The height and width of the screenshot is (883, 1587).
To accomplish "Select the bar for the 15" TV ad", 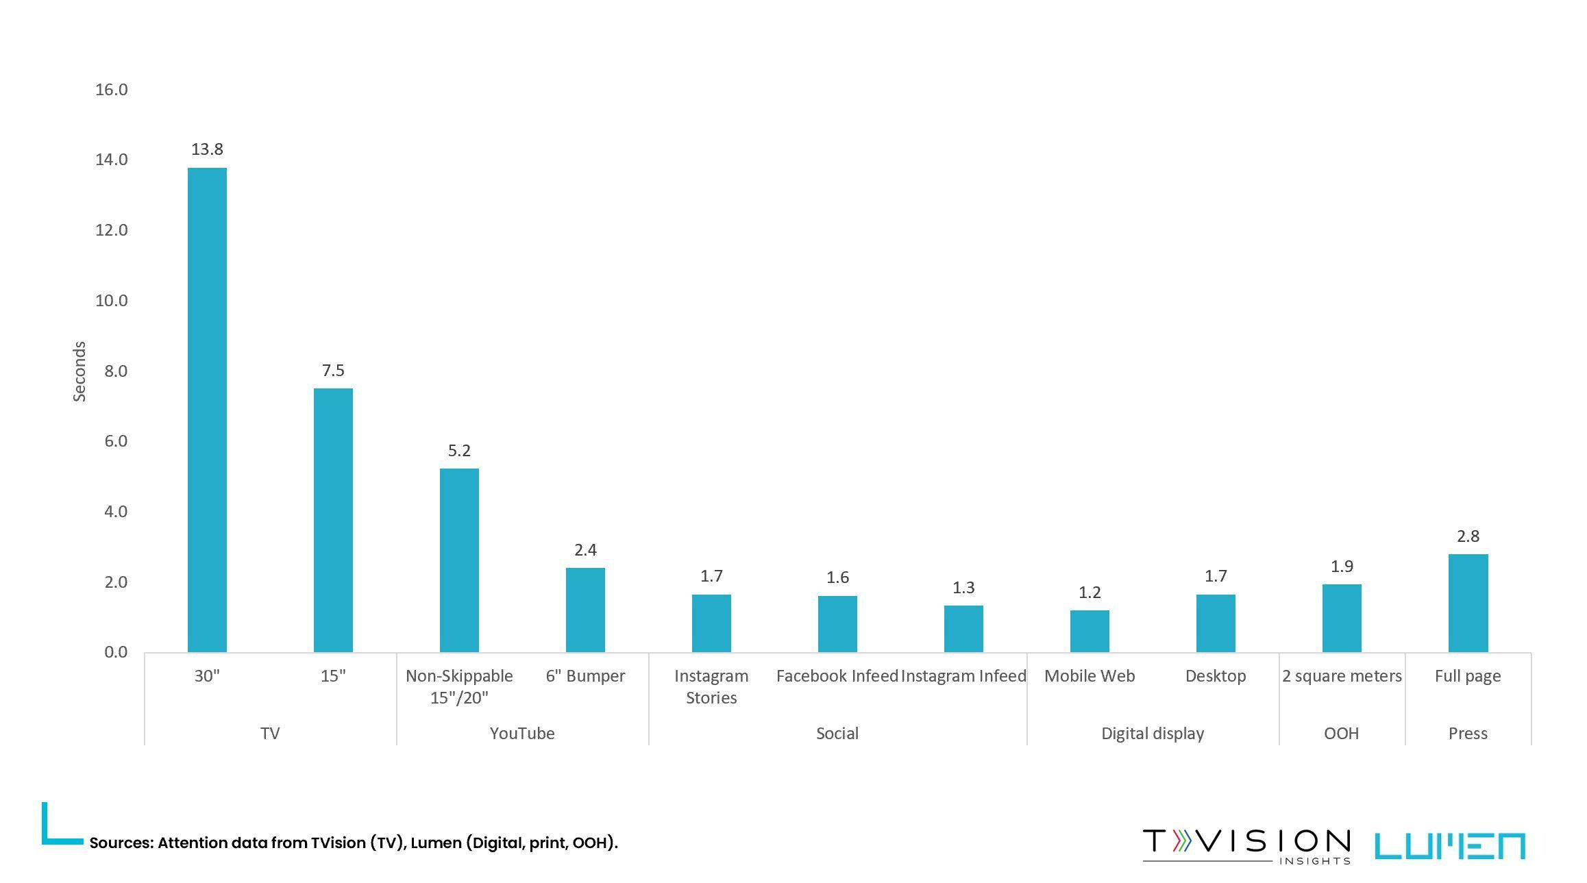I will tap(333, 520).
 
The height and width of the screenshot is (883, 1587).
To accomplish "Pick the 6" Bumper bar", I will tap(585, 610).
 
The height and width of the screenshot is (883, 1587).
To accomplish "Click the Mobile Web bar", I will tap(1090, 631).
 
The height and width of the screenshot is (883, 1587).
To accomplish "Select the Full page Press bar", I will tap(1468, 603).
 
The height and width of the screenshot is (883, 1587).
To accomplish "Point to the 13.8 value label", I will tap(207, 149).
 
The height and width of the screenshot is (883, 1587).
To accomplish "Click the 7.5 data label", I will tap(333, 371).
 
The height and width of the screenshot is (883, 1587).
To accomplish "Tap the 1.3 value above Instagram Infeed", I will tap(963, 588).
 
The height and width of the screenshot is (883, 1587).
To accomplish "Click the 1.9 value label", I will tap(1342, 567).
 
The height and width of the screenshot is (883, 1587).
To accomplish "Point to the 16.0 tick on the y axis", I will tap(111, 90).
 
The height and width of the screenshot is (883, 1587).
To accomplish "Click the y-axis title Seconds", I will tap(79, 371).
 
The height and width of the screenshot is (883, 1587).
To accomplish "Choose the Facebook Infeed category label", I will tap(837, 676).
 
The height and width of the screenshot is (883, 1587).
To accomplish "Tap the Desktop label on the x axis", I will tap(1216, 676).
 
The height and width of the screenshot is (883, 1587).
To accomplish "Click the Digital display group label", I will tap(1153, 734).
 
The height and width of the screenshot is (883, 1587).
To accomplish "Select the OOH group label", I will tap(1341, 734).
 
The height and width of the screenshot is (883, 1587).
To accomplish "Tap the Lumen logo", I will tap(1450, 846).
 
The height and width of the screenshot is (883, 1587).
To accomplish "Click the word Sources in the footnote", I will tap(121, 843).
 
